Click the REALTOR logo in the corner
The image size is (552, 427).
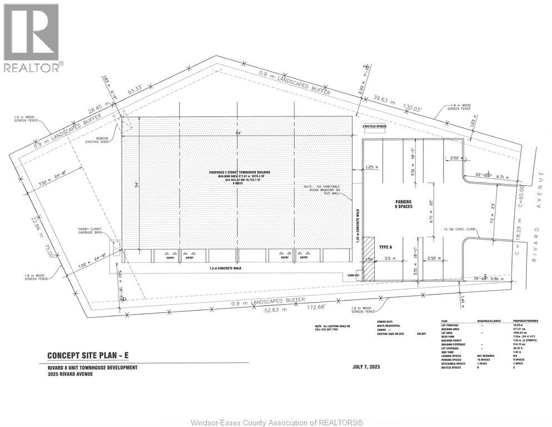pos(32,37)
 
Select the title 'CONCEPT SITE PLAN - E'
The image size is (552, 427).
pos(91,356)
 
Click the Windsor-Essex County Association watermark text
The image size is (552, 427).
pos(276,422)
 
